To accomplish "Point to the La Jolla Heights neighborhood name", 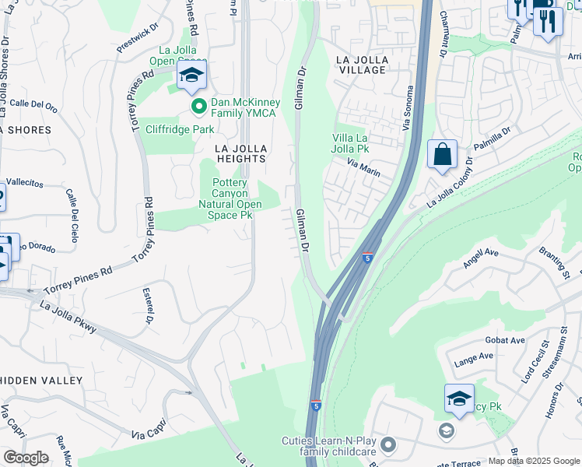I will [241, 153].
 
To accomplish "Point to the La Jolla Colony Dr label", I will [450, 184].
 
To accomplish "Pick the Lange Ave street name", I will [474, 356].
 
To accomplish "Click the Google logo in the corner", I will [26, 457].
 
